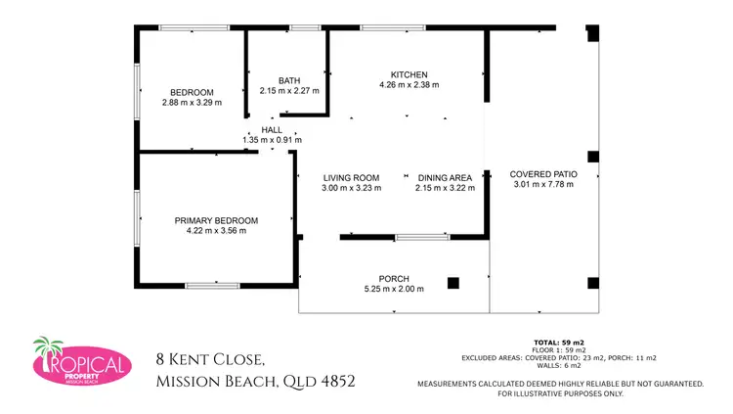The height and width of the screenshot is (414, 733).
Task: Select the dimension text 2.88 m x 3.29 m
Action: point(192,102)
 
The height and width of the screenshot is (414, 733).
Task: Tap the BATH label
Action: point(288,81)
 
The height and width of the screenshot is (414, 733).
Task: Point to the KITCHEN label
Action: point(409,75)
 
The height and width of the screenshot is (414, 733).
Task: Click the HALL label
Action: point(271,130)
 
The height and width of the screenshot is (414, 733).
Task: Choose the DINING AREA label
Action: point(445,177)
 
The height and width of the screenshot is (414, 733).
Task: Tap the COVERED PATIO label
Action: point(544,173)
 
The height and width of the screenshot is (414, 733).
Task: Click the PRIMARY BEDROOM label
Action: point(216,220)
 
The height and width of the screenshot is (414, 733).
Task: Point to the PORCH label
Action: point(394,278)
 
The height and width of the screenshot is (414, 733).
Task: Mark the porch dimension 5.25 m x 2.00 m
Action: point(394,289)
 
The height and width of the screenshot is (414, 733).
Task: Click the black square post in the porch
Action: point(453,283)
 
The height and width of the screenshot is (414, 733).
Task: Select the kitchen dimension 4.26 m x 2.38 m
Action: point(409,85)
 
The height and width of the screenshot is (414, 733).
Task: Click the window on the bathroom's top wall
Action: point(305,28)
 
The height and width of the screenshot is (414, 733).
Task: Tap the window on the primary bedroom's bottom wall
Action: point(212,285)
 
